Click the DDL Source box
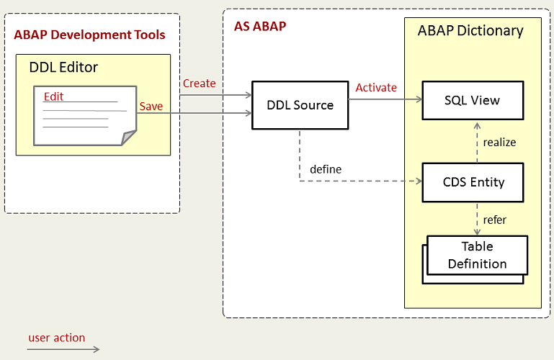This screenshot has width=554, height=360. point(300,105)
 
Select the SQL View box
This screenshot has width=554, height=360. point(472,100)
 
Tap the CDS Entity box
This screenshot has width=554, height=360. point(473,181)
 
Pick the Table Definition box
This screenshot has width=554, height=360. point(477,255)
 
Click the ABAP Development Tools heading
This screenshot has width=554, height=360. point(90,35)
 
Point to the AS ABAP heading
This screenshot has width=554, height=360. point(260,27)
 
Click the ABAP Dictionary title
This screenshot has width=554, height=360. point(470,31)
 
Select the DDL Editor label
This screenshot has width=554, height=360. point(63,68)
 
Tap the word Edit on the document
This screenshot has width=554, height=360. point(53,96)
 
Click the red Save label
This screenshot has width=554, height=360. point(151,107)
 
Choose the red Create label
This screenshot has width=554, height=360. point(199,84)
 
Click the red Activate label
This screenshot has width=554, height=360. point(376,87)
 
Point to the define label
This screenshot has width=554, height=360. point(326,169)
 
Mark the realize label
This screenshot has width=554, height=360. point(499,142)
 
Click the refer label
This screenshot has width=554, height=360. point(495,220)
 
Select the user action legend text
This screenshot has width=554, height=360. point(57,338)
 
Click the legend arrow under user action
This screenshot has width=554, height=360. point(63,350)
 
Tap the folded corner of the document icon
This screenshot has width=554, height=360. point(129,137)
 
